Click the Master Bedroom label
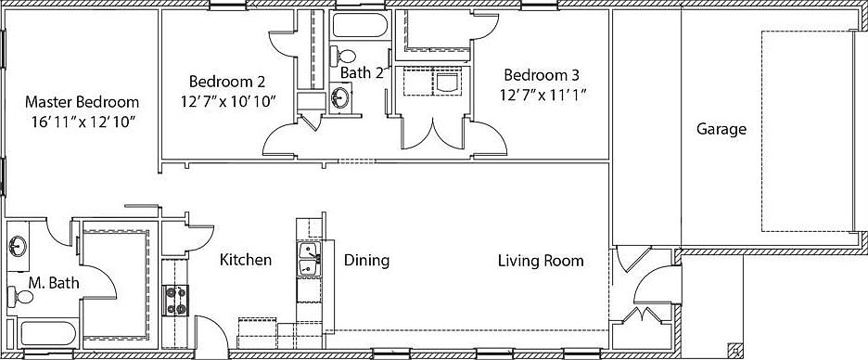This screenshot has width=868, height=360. [x=82, y=102]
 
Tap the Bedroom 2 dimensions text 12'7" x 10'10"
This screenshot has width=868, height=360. [x=228, y=102]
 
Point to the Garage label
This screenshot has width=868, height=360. [x=721, y=130]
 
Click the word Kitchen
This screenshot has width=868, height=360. [x=245, y=260]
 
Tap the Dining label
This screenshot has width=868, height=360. [x=366, y=261]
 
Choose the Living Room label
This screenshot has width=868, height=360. [x=541, y=261]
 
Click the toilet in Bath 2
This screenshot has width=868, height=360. [x=343, y=56]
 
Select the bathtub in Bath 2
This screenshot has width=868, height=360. [x=360, y=25]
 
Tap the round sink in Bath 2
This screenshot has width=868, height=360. [x=340, y=98]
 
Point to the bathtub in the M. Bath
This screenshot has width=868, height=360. [x=48, y=333]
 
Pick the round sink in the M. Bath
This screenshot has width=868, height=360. [x=19, y=244]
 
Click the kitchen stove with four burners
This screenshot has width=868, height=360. [x=175, y=301]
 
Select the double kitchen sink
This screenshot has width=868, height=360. [x=309, y=259]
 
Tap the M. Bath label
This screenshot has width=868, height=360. [x=54, y=284]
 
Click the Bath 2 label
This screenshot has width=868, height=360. [x=362, y=73]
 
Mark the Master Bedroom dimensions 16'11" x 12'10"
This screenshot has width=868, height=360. [x=83, y=122]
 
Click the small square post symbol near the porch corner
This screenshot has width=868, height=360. [x=735, y=350]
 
